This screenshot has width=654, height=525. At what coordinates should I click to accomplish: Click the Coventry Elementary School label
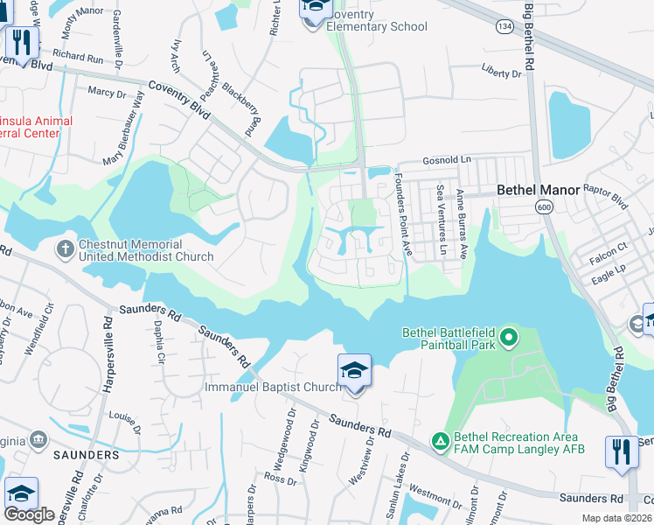[377, 21]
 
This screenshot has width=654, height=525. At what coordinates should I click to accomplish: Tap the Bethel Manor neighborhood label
[533, 189]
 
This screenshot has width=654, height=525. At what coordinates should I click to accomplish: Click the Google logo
[29, 514]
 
